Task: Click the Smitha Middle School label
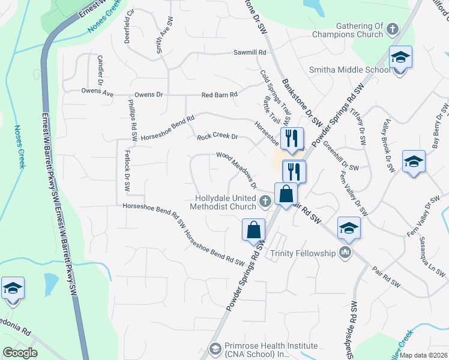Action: (x=349, y=70)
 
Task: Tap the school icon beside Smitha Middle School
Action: (x=400, y=58)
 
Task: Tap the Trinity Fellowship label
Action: (x=303, y=253)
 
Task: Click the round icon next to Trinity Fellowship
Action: (x=345, y=252)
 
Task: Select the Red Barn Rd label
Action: (x=220, y=95)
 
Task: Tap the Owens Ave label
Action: (x=98, y=92)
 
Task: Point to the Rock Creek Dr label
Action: (x=217, y=137)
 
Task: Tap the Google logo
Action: (x=20, y=352)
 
